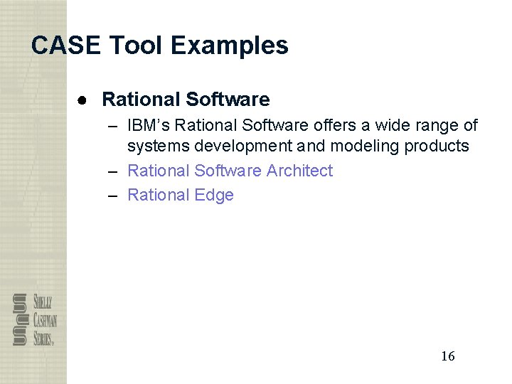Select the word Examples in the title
(x=230, y=46)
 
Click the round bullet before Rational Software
(x=82, y=100)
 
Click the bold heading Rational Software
(x=186, y=100)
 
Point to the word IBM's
(x=149, y=126)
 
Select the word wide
(x=397, y=126)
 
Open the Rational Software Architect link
(x=230, y=171)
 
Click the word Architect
(x=299, y=171)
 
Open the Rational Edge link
(x=181, y=195)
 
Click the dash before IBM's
(x=114, y=126)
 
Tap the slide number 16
(x=447, y=356)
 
